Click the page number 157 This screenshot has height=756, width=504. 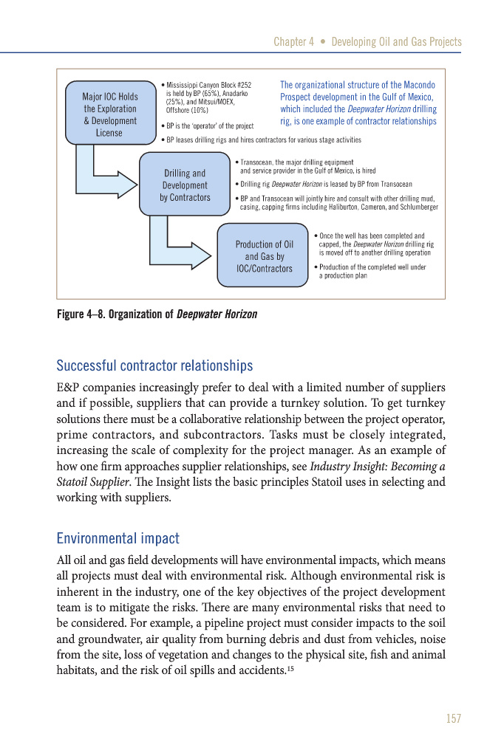point(453,718)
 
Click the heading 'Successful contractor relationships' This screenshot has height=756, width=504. point(154,365)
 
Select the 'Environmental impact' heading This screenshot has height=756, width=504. point(118,538)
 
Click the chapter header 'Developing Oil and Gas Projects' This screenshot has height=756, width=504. point(396,41)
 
